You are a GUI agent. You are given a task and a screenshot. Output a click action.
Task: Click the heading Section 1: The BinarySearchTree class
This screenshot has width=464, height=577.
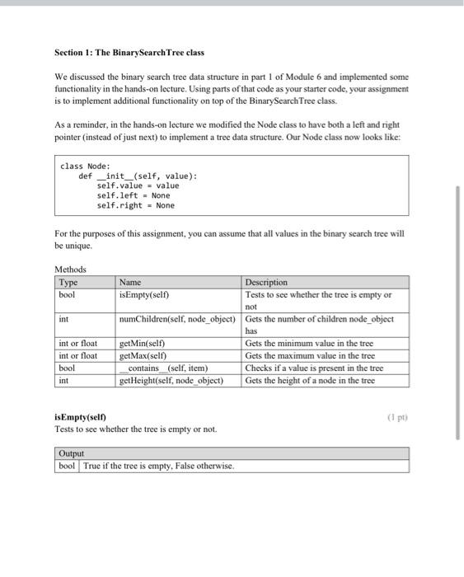point(129,53)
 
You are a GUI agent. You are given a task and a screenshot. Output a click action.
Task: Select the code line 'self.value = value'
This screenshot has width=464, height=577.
point(138,185)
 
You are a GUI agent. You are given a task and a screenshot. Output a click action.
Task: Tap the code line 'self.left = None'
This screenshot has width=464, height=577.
point(133,195)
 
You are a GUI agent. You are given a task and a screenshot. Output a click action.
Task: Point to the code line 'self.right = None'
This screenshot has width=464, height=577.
point(135,205)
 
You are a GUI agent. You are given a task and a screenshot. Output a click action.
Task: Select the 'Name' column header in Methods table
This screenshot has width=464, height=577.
point(130,282)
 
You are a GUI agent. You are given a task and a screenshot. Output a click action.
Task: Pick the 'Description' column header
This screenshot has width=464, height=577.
point(266,282)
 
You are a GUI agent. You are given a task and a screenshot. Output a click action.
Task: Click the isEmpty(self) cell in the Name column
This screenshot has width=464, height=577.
point(145,294)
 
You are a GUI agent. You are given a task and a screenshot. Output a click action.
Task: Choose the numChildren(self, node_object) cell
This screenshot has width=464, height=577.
point(177,319)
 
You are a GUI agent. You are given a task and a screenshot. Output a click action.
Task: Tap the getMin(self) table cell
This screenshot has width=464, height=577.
point(143,344)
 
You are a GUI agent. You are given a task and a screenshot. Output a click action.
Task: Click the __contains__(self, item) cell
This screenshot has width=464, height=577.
point(164,368)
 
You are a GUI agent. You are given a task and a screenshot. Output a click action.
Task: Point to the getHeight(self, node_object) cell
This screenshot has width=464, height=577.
point(171,381)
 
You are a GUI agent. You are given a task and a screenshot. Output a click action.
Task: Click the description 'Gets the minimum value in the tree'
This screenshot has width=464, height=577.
point(309,344)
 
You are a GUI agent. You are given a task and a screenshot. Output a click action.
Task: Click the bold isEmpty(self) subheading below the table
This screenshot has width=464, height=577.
point(80,417)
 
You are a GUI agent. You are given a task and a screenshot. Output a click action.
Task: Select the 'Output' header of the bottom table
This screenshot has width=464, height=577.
point(72,453)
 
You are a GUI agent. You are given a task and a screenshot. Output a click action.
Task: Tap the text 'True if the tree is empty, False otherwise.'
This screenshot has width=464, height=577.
point(159,466)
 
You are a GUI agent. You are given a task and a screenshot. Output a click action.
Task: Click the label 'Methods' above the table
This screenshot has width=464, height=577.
point(70,270)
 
